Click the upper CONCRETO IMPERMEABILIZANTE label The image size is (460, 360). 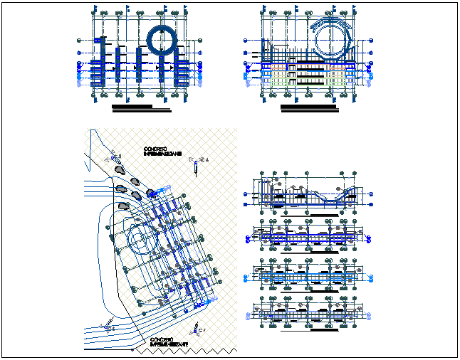162,151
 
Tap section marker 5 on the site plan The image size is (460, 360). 108,327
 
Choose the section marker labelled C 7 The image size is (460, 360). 197,329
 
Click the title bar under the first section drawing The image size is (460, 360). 325,213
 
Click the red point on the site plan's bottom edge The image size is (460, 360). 132,349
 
